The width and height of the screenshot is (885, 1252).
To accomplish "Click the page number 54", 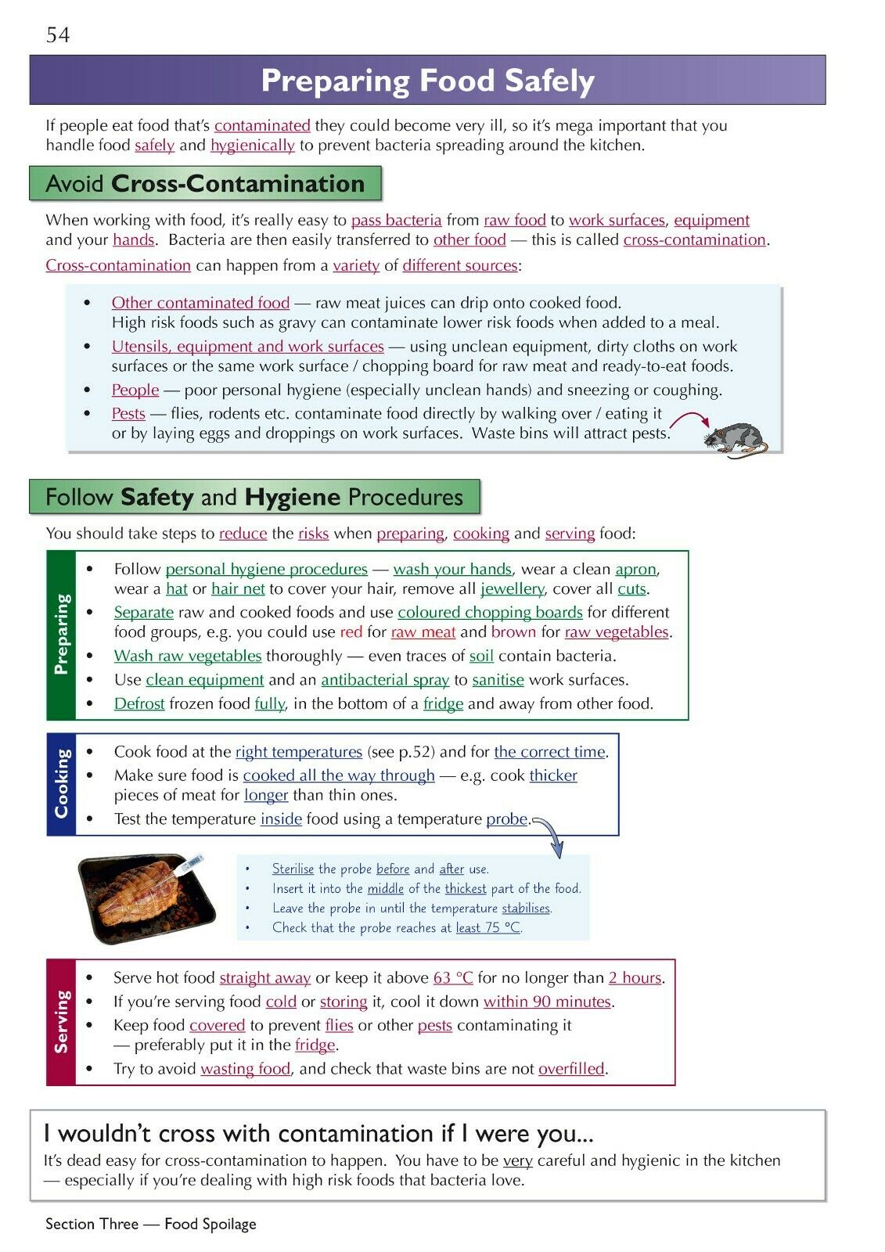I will click(x=58, y=35).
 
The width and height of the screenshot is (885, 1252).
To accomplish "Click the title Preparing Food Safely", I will click(x=427, y=81).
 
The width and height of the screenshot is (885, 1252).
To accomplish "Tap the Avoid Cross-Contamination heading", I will click(x=205, y=184).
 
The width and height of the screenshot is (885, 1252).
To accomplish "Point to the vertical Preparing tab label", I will click(x=62, y=635).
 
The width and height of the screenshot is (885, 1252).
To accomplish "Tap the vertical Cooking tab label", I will click(x=62, y=784).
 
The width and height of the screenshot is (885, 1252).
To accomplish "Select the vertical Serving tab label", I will click(x=62, y=1021).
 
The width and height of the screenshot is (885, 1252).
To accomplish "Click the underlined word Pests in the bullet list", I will click(x=128, y=414).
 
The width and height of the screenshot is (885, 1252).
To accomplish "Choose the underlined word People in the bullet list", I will click(x=135, y=390).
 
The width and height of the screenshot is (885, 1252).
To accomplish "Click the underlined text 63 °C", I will click(x=453, y=978).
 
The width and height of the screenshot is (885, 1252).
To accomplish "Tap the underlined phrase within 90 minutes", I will click(x=547, y=1002).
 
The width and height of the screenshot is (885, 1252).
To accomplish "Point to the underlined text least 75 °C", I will click(x=487, y=928).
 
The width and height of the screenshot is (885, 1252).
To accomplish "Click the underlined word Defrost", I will click(x=139, y=703).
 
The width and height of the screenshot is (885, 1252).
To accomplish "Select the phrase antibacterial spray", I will click(x=385, y=680).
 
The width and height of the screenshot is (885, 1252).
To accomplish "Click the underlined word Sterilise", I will click(x=293, y=869).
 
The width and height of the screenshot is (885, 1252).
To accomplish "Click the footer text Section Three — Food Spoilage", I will click(x=151, y=1224).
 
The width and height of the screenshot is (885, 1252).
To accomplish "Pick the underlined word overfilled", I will click(x=571, y=1069).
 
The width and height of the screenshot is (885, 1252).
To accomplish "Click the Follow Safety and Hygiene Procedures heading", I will click(x=254, y=498).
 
